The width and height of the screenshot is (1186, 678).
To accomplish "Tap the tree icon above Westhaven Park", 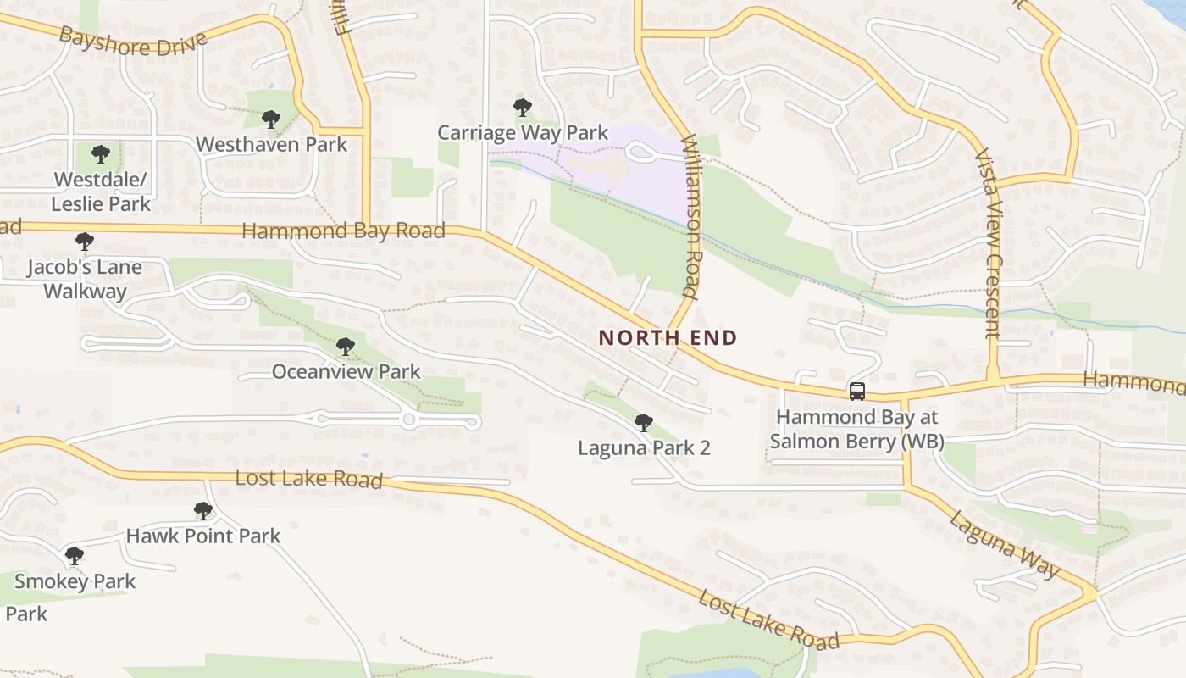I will coord(271,119).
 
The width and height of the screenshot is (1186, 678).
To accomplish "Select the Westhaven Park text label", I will coord(272,145).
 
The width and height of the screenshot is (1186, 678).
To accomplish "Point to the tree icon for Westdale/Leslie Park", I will coord(101,154).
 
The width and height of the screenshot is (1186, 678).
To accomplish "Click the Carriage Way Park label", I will coord(523,133).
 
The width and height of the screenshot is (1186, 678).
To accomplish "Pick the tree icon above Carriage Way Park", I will coord(523,108).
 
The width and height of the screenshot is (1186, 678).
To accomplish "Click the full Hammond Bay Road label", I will coord(343,231).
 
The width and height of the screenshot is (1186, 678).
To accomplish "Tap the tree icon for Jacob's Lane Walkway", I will coord(84,242).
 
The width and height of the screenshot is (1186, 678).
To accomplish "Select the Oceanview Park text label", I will coord(346,371).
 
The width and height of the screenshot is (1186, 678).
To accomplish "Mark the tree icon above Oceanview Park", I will coord(345,347).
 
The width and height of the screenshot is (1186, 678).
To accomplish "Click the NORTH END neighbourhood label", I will coord(668,337).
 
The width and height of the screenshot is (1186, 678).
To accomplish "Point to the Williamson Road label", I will coord(690,217).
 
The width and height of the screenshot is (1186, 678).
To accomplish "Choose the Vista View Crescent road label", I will coord(988,244).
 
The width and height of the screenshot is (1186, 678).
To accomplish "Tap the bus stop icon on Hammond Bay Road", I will coord(857,392).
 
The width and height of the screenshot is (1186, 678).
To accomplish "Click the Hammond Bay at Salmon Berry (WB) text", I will coord(860,429).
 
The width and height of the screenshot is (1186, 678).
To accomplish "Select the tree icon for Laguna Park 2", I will coord(644,422).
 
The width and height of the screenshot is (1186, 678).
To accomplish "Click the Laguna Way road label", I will coord(1004,546).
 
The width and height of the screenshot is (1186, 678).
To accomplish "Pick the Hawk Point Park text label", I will coord(203,536).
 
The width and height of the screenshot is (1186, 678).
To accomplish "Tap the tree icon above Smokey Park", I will coord(75,556).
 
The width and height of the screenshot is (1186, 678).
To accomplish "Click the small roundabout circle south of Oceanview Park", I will coord(409,420).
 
